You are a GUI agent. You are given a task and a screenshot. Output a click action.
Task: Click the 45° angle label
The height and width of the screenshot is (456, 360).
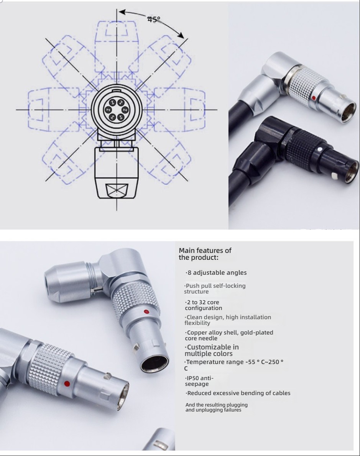[154, 20]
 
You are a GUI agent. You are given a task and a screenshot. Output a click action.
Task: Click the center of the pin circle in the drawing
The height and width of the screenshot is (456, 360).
[117, 110]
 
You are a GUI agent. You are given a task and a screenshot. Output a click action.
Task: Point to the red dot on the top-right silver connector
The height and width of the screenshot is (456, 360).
[314, 98]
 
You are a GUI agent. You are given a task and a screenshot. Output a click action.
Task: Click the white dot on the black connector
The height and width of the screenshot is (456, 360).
[320, 149]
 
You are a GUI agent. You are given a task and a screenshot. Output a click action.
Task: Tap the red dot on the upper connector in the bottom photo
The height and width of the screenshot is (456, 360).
[146, 312]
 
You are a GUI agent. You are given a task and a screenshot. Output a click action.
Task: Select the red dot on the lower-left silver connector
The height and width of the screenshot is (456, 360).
[67, 384]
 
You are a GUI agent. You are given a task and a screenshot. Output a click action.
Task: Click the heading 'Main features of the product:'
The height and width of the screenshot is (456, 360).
[205, 254]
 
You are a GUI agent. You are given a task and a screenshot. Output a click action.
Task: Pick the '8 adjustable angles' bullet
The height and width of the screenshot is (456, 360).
[216, 273]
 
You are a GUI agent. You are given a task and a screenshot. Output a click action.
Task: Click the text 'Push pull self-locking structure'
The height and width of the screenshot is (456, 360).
[215, 289]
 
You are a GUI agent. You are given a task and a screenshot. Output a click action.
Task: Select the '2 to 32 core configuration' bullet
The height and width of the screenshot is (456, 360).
[204, 305]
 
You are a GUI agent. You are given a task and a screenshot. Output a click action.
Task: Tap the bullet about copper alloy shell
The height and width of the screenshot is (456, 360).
[229, 335]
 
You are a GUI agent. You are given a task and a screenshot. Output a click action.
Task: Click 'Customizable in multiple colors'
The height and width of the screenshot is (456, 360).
[212, 350]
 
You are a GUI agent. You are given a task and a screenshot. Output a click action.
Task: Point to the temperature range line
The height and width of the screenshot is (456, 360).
[234, 365]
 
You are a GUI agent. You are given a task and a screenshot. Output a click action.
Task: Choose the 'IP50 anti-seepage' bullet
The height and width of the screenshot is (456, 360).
[199, 381]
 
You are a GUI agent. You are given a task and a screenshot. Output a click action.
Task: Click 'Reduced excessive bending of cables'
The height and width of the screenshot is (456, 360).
[238, 393]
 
